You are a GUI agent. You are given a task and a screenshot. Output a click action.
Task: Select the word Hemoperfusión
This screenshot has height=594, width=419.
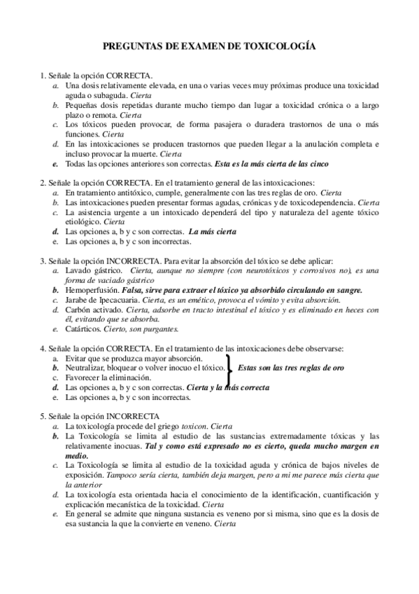click(92, 289)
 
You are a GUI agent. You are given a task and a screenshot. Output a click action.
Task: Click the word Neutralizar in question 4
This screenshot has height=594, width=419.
click(87, 367)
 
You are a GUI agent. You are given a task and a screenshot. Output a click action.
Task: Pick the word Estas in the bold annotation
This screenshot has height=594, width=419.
click(250, 367)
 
